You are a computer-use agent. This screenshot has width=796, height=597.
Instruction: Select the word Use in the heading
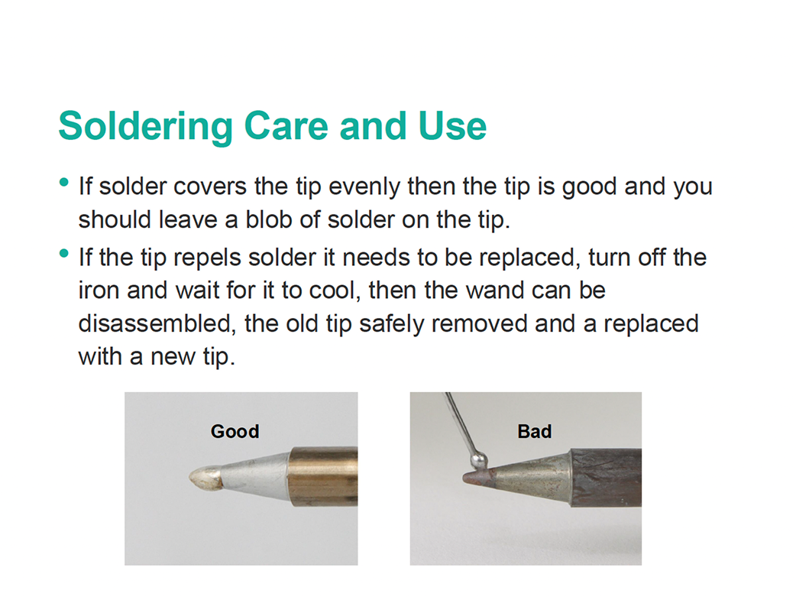(x=451, y=126)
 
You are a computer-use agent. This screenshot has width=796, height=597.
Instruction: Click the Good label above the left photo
(x=235, y=432)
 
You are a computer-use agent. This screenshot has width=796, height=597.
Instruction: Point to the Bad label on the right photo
(x=534, y=432)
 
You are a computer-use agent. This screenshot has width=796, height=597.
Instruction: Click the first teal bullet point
(x=63, y=183)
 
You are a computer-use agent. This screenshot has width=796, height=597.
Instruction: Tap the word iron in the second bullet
(x=99, y=290)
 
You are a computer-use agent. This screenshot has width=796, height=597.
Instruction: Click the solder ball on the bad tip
(x=479, y=460)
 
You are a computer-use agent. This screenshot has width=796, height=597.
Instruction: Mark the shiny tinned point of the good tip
(x=205, y=479)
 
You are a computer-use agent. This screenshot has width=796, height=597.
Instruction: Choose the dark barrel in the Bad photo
(x=607, y=477)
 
